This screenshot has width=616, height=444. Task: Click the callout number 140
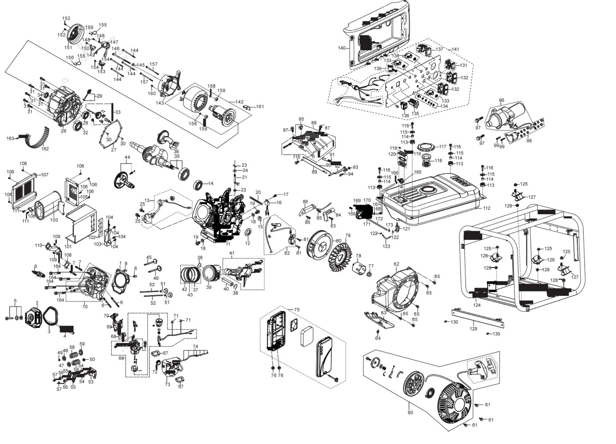tap(342, 48)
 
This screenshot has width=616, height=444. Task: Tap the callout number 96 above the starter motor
tap(501, 100)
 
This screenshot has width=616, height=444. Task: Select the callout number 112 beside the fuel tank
tap(486, 208)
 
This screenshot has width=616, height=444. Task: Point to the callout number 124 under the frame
tap(477, 305)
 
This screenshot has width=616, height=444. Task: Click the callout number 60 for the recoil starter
tap(410, 412)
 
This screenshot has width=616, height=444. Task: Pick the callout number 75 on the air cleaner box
tap(297, 310)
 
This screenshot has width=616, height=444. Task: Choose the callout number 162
tap(45, 149)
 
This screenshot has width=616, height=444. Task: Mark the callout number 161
tap(260, 107)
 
